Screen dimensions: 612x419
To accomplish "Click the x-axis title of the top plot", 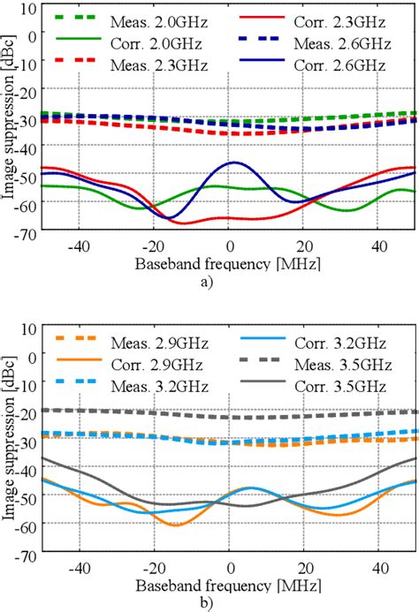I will click(229, 263).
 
